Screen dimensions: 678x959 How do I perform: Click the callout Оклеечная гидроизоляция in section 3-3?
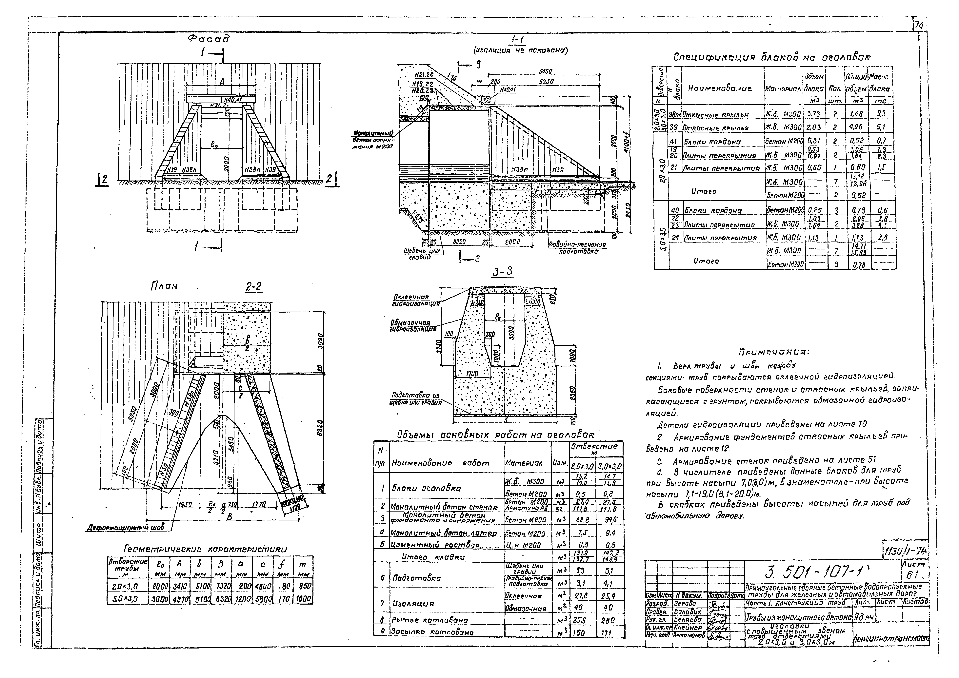tap(416, 300)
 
